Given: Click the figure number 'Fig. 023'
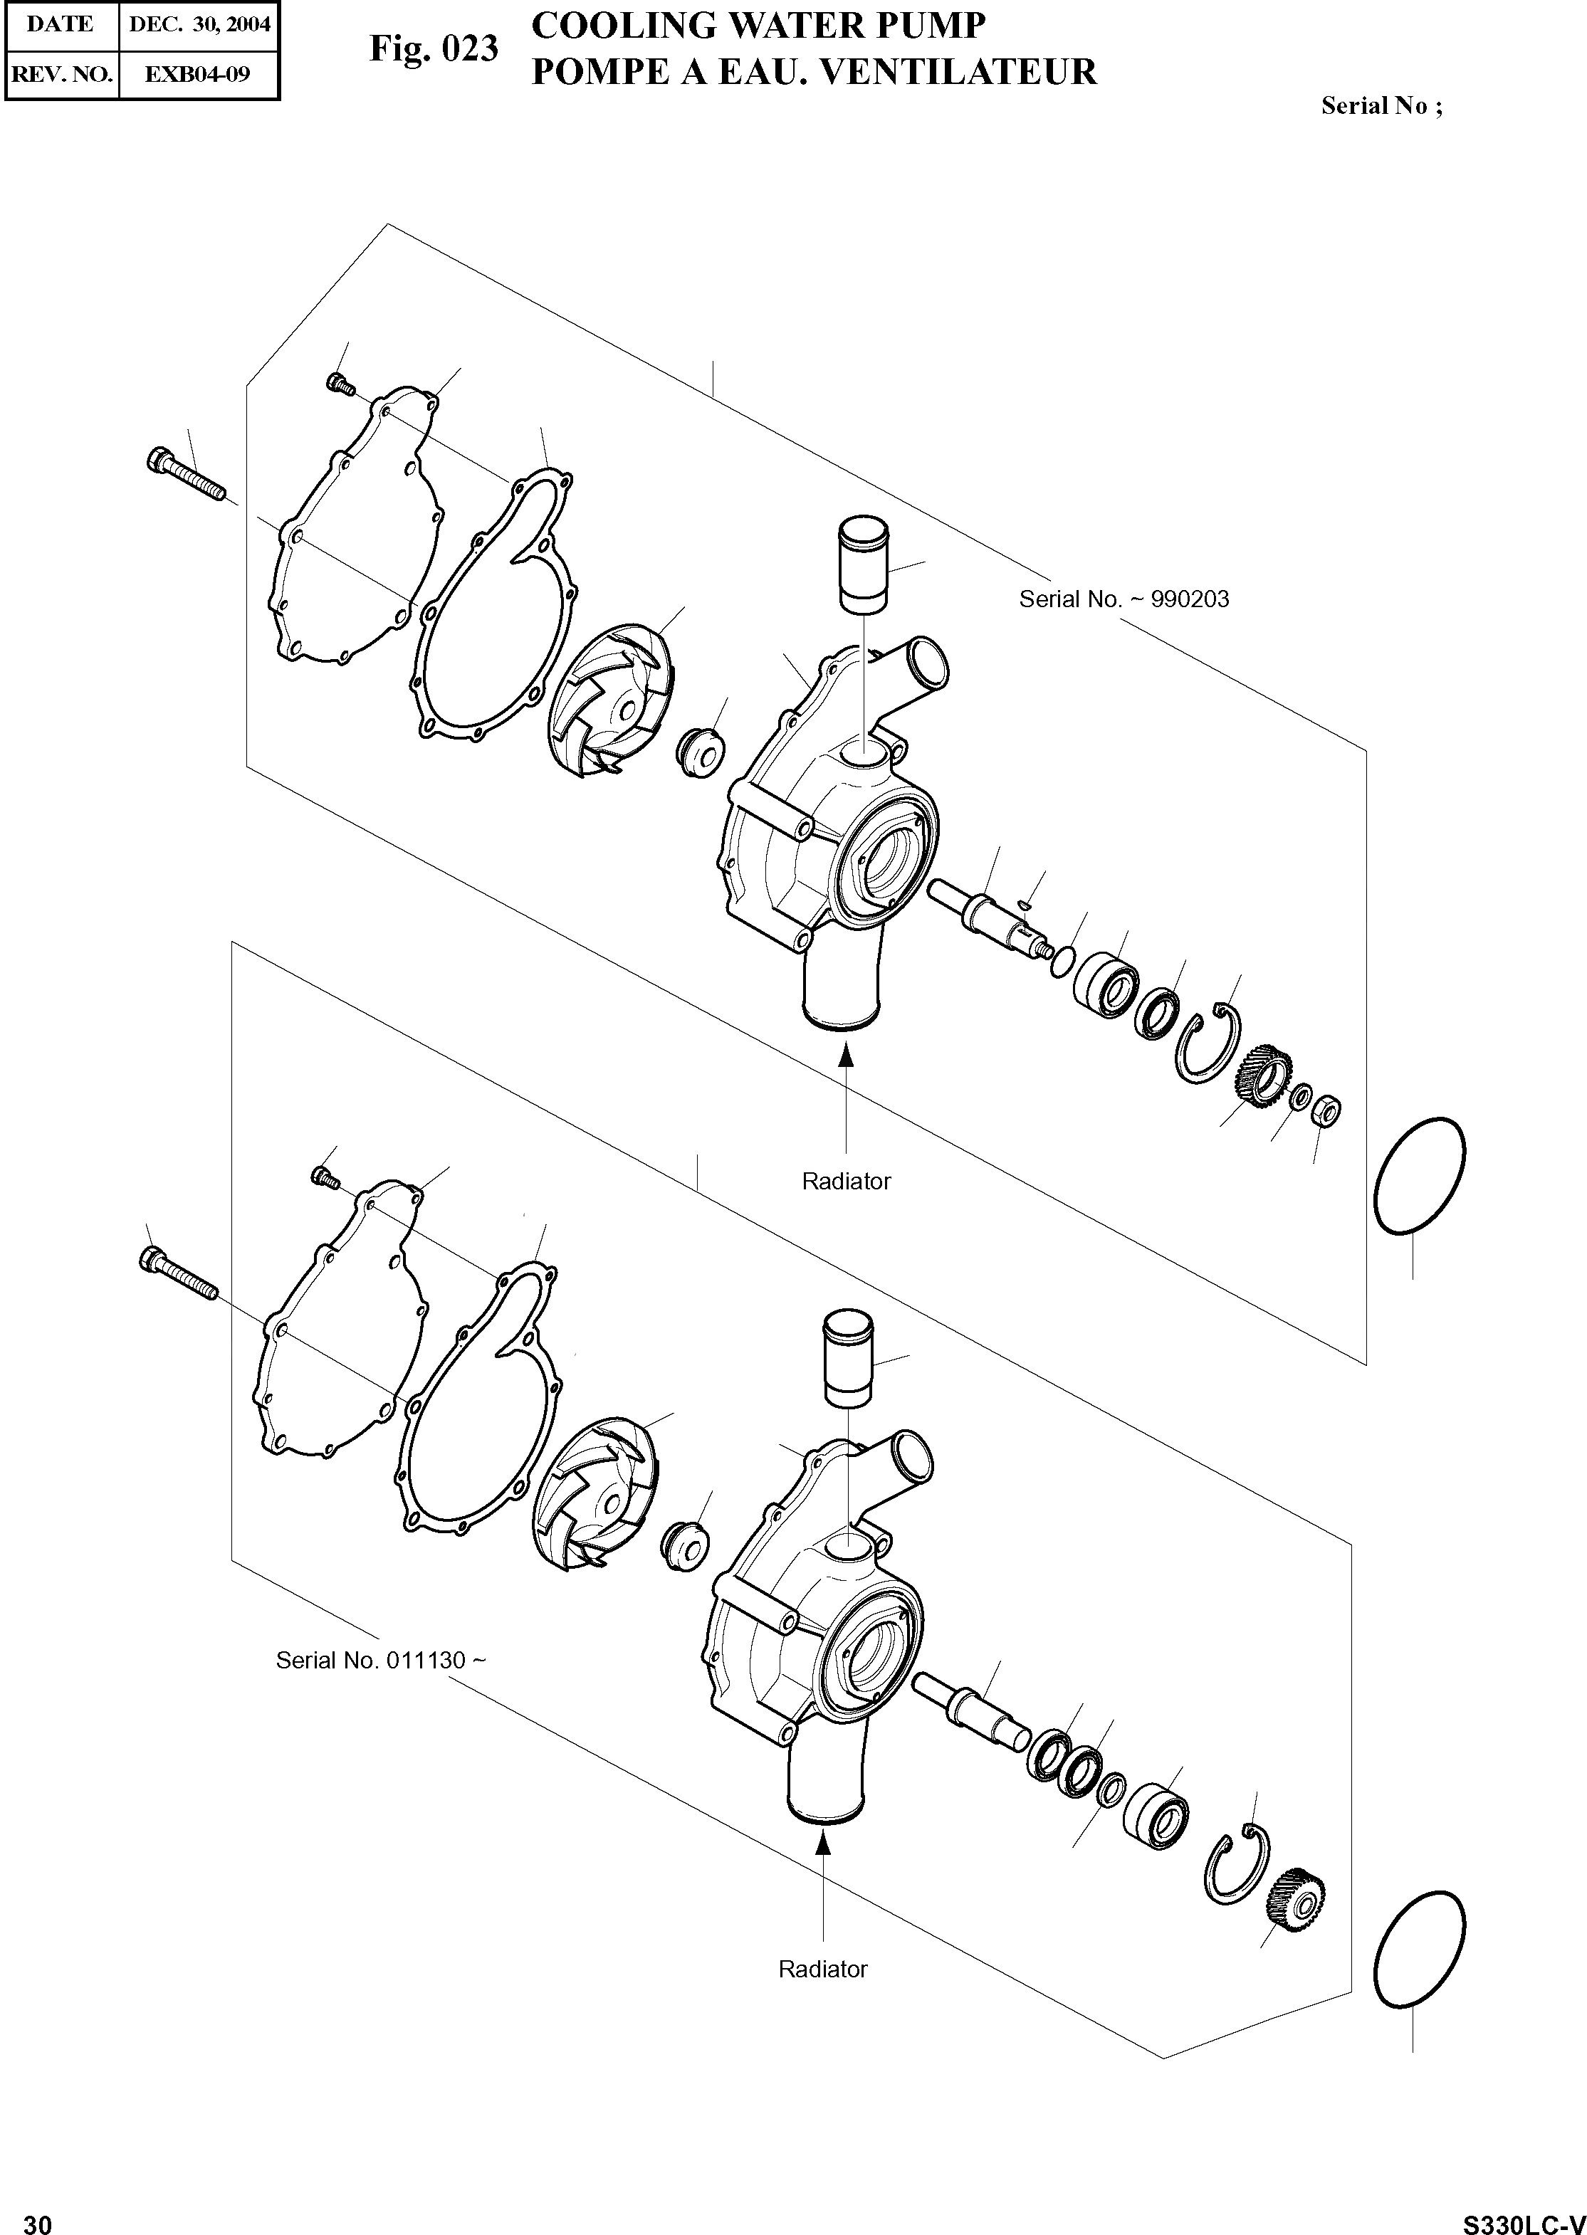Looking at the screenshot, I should click(x=433, y=49).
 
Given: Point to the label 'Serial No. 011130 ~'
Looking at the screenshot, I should click(x=380, y=1660).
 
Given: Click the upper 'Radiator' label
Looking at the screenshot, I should click(x=847, y=1181).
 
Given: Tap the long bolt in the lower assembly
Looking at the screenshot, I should click(x=179, y=1273).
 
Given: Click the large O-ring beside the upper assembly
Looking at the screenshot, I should click(x=1419, y=1176).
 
